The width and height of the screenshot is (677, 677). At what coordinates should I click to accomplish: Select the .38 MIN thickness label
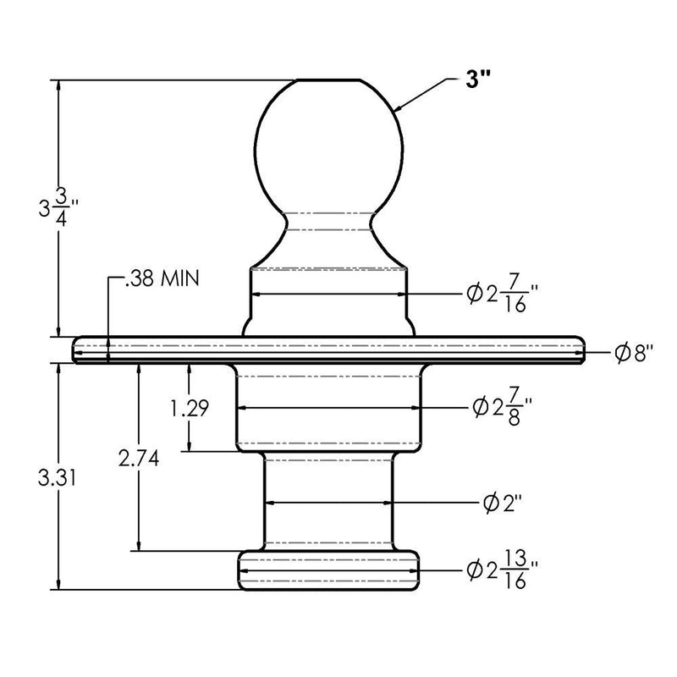[161, 279]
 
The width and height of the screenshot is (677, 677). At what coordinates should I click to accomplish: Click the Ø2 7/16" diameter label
[503, 295]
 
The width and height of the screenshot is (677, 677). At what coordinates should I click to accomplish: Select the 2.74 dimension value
[140, 458]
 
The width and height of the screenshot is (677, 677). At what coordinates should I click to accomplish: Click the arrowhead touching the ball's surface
[399, 107]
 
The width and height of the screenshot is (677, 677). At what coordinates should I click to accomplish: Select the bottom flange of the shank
[328, 570]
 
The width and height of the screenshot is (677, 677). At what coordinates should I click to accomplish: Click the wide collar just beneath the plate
[328, 408]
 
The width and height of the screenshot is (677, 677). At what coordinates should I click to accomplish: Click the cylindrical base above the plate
[328, 296]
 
